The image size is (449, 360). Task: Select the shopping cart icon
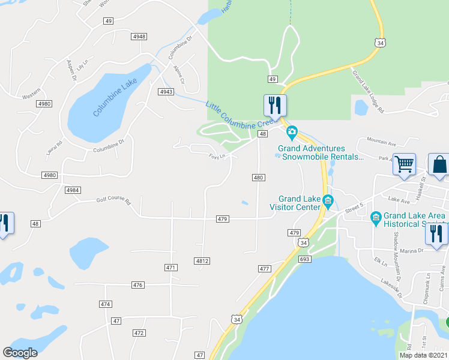pos(405,163)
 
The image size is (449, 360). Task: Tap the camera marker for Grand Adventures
pos(292,132)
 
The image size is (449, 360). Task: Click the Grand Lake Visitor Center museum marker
pos(328,200)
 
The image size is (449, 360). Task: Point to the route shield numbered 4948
pos(139,37)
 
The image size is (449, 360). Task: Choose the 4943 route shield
pos(166,92)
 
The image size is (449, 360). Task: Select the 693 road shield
pos(305,259)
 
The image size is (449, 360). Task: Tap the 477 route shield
pos(265,269)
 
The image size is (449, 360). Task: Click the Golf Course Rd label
pos(113,202)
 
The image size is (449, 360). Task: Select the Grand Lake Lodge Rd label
pos(368,92)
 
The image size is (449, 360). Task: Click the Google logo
pos(20,353)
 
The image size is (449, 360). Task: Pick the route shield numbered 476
pos(138,285)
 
